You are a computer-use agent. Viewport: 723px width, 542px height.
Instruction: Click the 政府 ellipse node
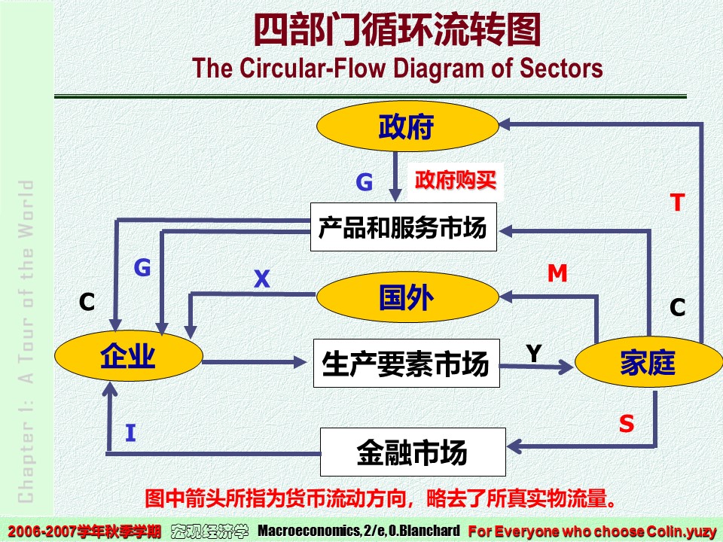(x=406, y=127)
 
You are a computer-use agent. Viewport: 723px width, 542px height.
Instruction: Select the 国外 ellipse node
(x=407, y=298)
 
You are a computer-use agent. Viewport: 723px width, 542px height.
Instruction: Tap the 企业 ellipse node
(x=128, y=356)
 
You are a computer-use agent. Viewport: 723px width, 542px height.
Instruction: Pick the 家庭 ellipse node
(x=647, y=363)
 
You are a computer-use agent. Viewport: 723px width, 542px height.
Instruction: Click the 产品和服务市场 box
(x=403, y=227)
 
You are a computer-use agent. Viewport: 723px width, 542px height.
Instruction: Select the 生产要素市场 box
(x=406, y=364)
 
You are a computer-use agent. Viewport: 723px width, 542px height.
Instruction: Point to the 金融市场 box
(x=412, y=452)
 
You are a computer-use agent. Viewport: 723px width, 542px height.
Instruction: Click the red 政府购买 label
(x=456, y=181)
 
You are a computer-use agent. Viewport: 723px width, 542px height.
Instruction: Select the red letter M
(x=557, y=273)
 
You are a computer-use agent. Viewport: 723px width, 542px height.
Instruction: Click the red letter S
(x=627, y=424)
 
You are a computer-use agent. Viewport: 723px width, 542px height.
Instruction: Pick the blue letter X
(x=261, y=280)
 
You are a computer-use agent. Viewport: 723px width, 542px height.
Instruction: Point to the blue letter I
(x=130, y=433)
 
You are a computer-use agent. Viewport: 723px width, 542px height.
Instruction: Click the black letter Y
(x=534, y=352)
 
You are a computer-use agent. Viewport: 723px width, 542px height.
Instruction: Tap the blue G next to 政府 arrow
(x=364, y=182)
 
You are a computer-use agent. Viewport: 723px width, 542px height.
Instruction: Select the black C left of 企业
(x=87, y=303)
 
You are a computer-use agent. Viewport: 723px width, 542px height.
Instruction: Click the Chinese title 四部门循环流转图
(x=396, y=32)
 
